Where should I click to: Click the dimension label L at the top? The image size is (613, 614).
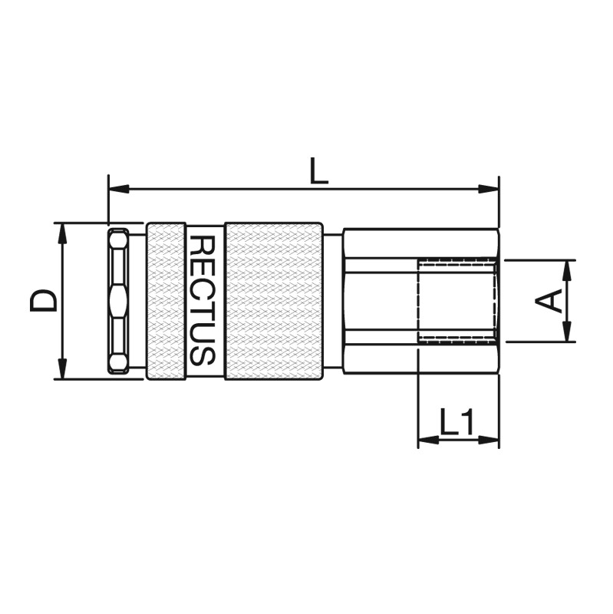pyautogui.click(x=318, y=170)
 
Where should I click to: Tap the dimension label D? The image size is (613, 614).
pyautogui.click(x=44, y=301)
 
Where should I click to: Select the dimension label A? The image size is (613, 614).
pyautogui.click(x=549, y=301)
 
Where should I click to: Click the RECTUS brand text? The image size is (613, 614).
pyautogui.click(x=202, y=300)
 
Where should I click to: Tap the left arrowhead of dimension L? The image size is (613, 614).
pyautogui.click(x=119, y=189)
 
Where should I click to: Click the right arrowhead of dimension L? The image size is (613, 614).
pyautogui.click(x=489, y=189)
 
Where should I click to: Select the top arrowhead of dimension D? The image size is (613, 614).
pyautogui.click(x=62, y=233)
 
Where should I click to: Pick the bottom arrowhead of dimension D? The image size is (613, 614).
pyautogui.click(x=62, y=368)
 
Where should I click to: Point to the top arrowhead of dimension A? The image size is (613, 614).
pyautogui.click(x=566, y=271)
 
